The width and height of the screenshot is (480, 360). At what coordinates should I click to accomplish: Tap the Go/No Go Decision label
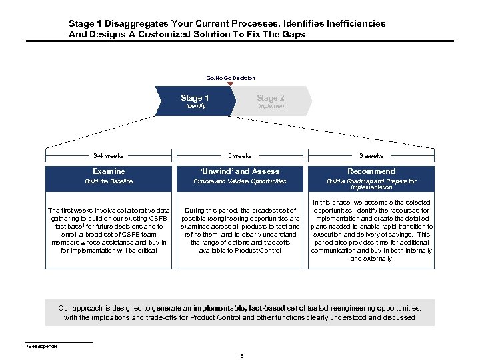[x=230, y=78]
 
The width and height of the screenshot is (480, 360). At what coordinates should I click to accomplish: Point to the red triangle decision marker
[x=230, y=84]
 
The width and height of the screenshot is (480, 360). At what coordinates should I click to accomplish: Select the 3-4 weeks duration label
[x=109, y=156]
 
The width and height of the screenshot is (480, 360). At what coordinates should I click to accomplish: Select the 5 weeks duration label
[x=240, y=156]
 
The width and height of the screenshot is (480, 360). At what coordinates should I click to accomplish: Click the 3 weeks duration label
[x=371, y=156]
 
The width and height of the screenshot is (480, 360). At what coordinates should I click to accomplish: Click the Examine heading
[x=109, y=171]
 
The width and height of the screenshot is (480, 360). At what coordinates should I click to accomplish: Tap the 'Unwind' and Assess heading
[x=240, y=171]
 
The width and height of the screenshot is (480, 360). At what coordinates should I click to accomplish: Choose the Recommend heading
[x=371, y=171]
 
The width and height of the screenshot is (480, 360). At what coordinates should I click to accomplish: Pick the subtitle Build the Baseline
[x=109, y=181]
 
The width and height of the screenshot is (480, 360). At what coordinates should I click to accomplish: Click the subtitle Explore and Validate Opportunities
[x=240, y=181]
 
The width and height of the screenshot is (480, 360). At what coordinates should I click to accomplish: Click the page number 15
[x=240, y=356]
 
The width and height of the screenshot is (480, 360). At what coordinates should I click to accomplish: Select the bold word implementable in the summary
[x=218, y=309]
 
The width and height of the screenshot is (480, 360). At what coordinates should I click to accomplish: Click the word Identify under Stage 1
[x=196, y=106]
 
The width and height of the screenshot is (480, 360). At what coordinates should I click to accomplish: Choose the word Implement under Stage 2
[x=271, y=106]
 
